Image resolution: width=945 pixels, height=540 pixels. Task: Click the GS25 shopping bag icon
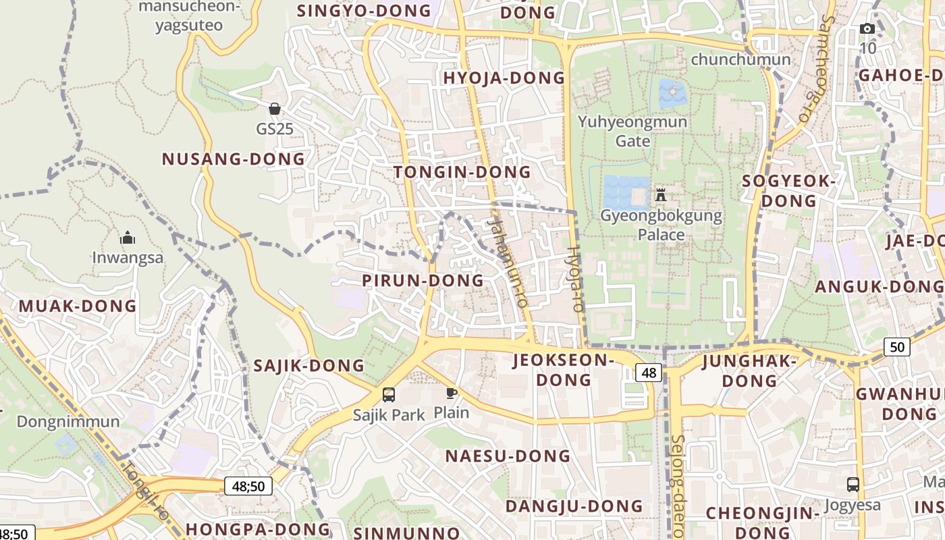275,109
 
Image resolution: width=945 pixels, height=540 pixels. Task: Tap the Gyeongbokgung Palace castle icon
661,195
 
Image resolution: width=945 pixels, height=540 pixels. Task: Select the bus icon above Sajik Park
389,395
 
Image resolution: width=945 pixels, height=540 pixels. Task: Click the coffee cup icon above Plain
452,393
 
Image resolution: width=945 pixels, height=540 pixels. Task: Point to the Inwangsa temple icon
128,238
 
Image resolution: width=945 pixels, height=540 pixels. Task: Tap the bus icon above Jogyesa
853,484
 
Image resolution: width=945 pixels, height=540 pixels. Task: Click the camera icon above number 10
867,28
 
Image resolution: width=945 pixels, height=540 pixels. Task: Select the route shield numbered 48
649,372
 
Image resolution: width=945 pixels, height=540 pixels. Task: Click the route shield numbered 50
897,347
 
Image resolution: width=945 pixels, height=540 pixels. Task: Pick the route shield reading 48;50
248,485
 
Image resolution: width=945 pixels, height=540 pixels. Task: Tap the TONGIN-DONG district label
462,172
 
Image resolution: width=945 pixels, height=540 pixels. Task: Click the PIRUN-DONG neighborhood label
423,280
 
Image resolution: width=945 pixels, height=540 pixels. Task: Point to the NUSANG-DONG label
234,159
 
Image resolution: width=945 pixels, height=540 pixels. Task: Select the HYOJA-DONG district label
504,78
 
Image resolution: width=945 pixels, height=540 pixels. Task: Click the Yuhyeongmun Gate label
632,131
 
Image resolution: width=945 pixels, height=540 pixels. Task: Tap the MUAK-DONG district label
78,306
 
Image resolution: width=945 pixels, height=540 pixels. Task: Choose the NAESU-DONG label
508,456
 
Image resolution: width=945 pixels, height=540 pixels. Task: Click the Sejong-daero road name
678,486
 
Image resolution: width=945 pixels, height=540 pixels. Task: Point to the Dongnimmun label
68,422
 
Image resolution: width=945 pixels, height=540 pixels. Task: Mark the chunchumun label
740,59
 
